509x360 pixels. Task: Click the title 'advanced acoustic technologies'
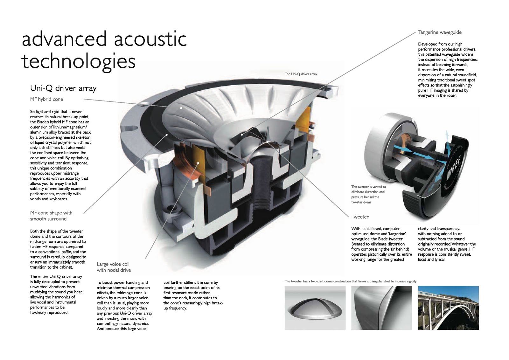click(104, 50)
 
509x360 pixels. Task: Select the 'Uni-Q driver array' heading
click(63, 88)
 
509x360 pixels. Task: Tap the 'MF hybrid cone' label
click(46, 99)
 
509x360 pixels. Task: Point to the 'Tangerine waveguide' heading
click(440, 32)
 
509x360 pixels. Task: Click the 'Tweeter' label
click(360, 217)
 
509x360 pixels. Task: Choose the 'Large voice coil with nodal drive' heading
click(114, 267)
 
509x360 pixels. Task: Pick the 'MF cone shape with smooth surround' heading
click(51, 216)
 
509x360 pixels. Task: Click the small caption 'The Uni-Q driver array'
click(301, 74)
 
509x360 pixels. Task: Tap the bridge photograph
click(448, 308)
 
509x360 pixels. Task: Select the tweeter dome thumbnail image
click(315, 308)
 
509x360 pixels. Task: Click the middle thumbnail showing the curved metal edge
click(381, 308)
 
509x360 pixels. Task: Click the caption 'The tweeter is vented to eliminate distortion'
click(368, 194)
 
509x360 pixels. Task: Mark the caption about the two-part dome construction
click(350, 281)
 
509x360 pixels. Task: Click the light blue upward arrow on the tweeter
click(447, 135)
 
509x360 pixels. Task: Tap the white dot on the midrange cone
click(181, 108)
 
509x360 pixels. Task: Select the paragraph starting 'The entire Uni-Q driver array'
click(56, 294)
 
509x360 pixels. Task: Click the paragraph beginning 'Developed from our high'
click(448, 70)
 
